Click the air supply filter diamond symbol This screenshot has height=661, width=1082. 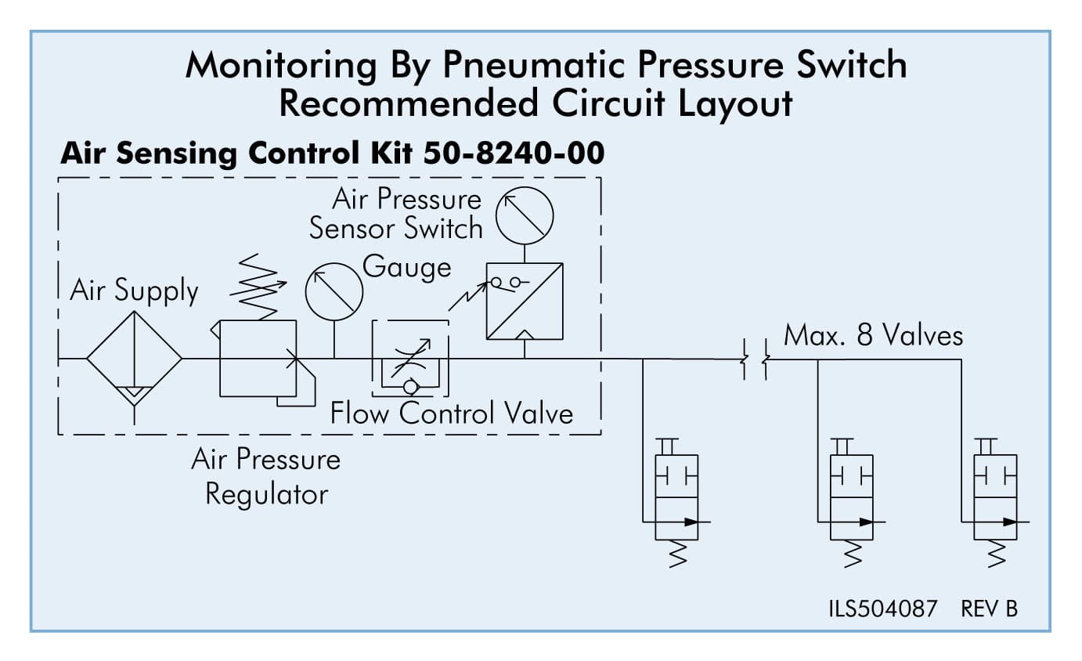135,359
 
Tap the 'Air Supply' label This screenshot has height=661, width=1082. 134,291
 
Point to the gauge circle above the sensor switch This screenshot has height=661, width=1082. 525,215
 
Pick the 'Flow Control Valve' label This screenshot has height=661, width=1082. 452,413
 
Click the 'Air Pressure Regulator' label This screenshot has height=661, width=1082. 266,477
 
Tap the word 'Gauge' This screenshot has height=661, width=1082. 407,267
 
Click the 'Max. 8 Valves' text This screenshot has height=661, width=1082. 873,336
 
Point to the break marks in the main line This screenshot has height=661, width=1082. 755,359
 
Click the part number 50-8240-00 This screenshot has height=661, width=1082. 514,154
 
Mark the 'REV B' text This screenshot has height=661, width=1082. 990,609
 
